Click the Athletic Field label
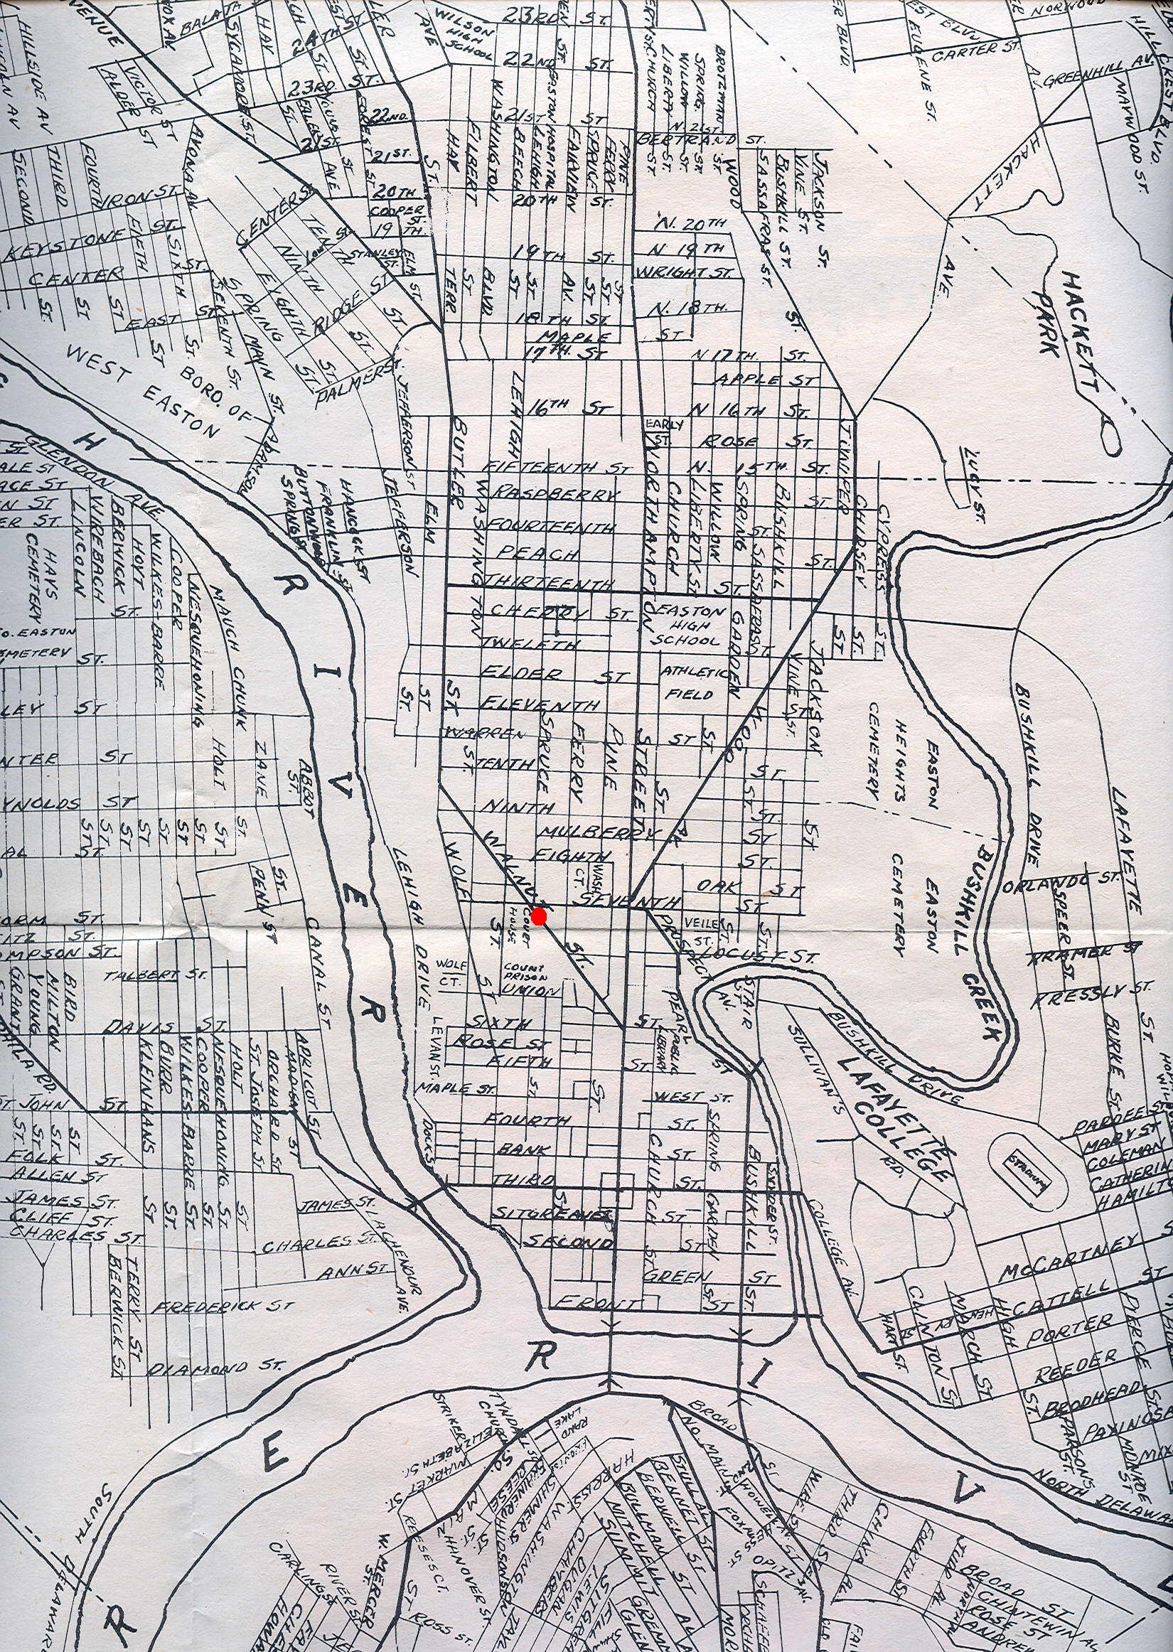(689, 682)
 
